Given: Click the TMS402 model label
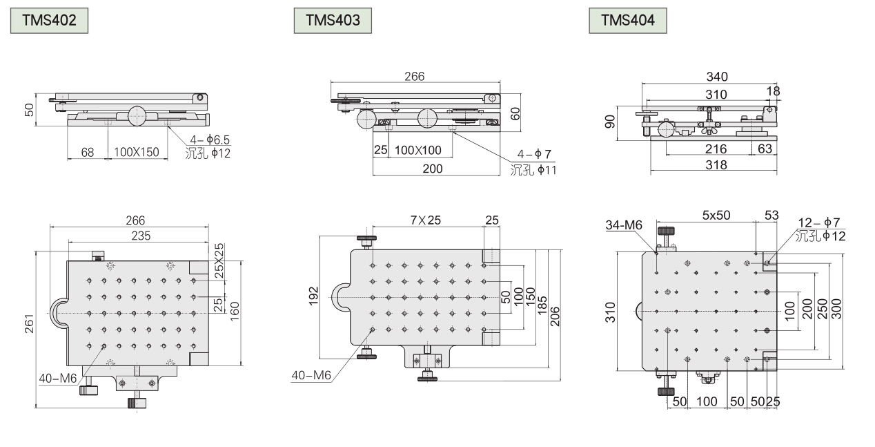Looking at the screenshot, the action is click(x=49, y=20).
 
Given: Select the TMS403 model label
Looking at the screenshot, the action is click(x=333, y=20).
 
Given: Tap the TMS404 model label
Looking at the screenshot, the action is click(x=628, y=20).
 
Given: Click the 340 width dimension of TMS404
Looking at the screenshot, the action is click(x=717, y=77).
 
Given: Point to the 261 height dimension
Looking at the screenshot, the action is click(x=29, y=324).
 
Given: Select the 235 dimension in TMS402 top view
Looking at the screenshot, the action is click(x=141, y=236).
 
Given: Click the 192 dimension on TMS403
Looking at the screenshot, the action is click(x=314, y=296).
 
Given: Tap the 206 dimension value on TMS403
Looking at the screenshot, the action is click(x=555, y=317).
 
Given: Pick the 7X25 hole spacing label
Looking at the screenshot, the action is click(x=425, y=220).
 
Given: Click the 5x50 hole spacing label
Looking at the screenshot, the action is click(x=716, y=215).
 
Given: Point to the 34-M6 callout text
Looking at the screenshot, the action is click(x=624, y=225).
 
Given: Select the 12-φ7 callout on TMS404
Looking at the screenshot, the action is click(x=818, y=222).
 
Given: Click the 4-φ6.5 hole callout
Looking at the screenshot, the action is click(x=210, y=140).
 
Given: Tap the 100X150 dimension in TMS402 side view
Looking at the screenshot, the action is click(x=137, y=152).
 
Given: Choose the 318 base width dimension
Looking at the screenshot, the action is click(x=716, y=165).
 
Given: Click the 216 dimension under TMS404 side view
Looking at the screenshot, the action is click(x=716, y=149).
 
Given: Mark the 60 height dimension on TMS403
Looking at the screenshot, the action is click(x=515, y=113).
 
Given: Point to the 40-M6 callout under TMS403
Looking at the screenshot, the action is click(x=311, y=375).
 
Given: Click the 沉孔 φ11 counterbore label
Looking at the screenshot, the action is click(x=533, y=170).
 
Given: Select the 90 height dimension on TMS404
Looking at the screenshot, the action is click(x=610, y=122).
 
